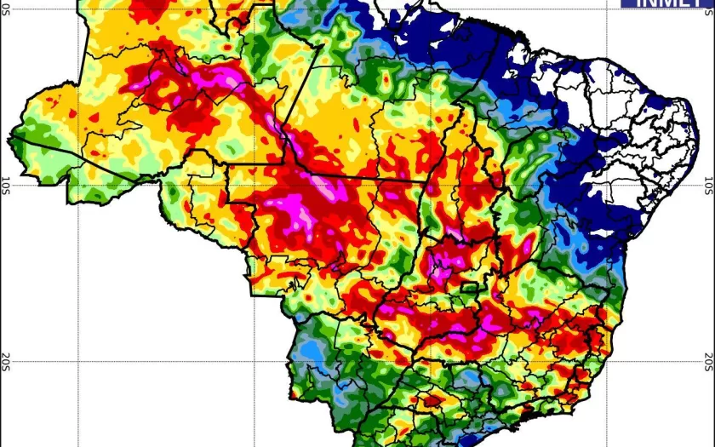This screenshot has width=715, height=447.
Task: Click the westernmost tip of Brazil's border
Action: [x=11, y=135]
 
